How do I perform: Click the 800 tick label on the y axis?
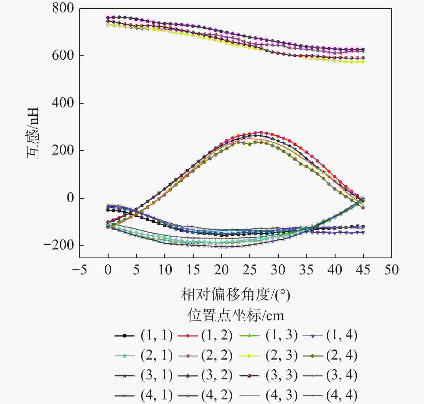(x=63, y=8)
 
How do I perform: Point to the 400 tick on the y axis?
(x=63, y=103)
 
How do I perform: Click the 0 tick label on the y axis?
(x=70, y=198)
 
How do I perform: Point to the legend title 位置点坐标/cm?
(x=236, y=315)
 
